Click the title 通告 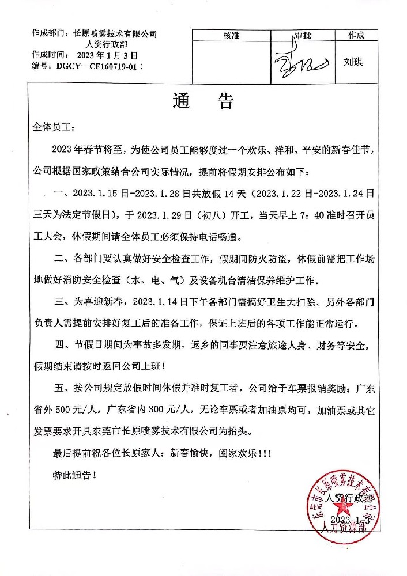pyautogui.click(x=203, y=102)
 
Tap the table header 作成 pyautogui.click(x=356, y=35)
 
